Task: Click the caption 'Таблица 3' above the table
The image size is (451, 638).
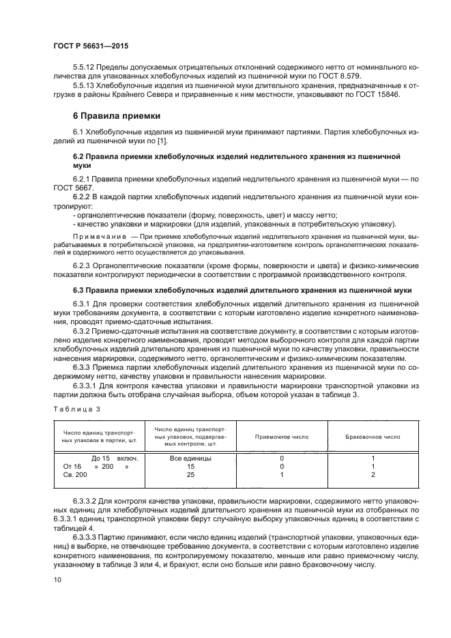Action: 76,409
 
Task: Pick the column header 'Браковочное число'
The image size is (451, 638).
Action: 373,436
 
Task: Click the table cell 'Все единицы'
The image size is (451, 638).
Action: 190,459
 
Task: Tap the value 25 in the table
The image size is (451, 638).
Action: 190,474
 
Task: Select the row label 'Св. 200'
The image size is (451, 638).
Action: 76,474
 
